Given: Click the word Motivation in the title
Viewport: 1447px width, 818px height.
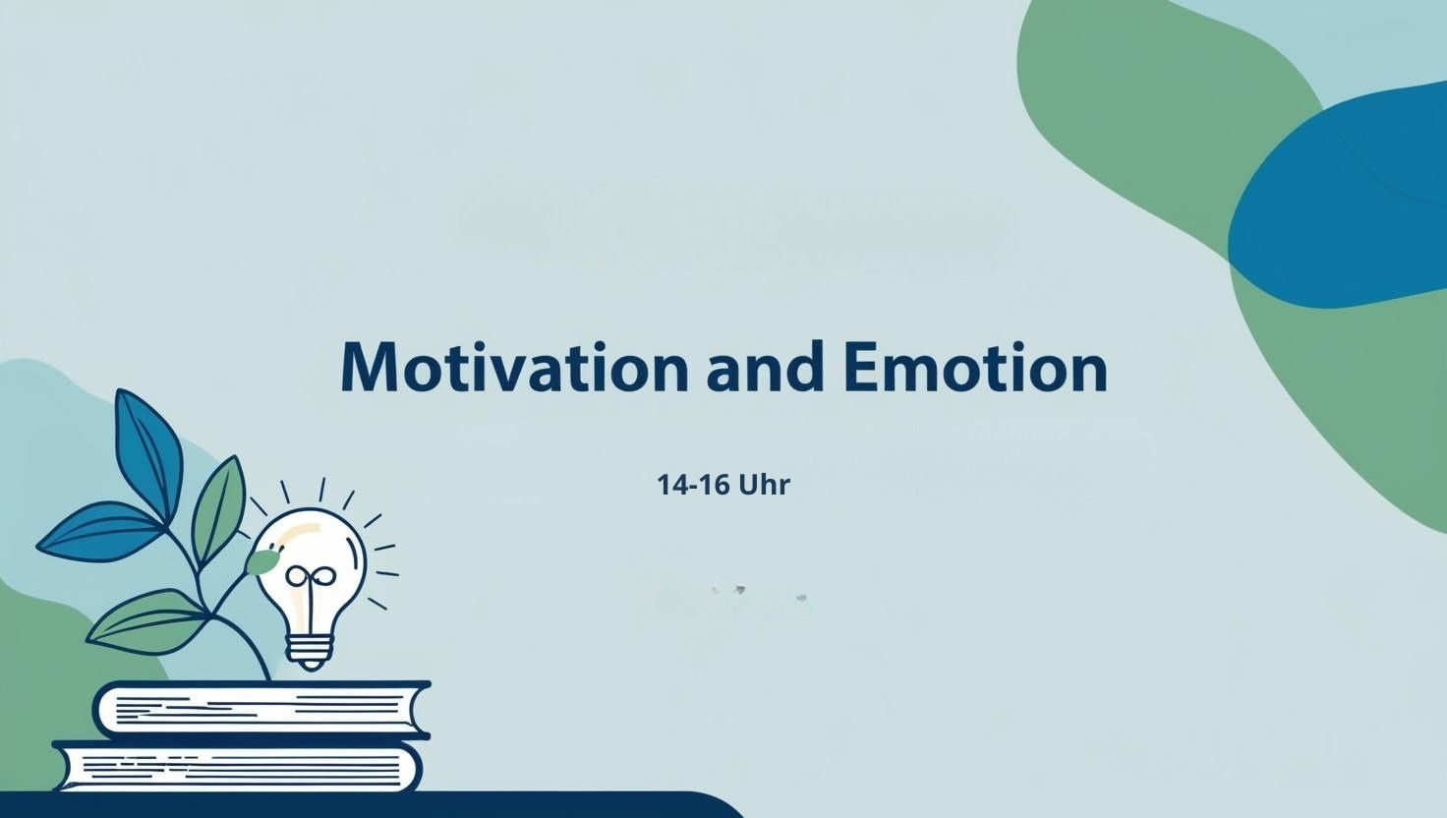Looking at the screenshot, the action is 513,367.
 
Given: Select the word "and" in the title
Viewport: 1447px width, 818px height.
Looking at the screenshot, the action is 766,366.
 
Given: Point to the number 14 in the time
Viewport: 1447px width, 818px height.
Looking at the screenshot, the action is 671,485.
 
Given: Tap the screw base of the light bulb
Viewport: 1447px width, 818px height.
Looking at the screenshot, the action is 310,653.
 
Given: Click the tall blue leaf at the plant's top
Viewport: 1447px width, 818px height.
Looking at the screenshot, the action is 147,452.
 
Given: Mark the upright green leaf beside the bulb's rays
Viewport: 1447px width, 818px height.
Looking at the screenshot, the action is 218,510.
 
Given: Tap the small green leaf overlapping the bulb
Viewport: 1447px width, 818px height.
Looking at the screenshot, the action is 261,560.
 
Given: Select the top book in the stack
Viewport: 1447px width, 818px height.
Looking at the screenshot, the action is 261,710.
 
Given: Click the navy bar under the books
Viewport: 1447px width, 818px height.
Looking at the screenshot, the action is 369,805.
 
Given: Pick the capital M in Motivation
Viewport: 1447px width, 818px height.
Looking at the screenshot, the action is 369,367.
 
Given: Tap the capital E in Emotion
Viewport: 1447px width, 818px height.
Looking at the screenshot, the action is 861,367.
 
